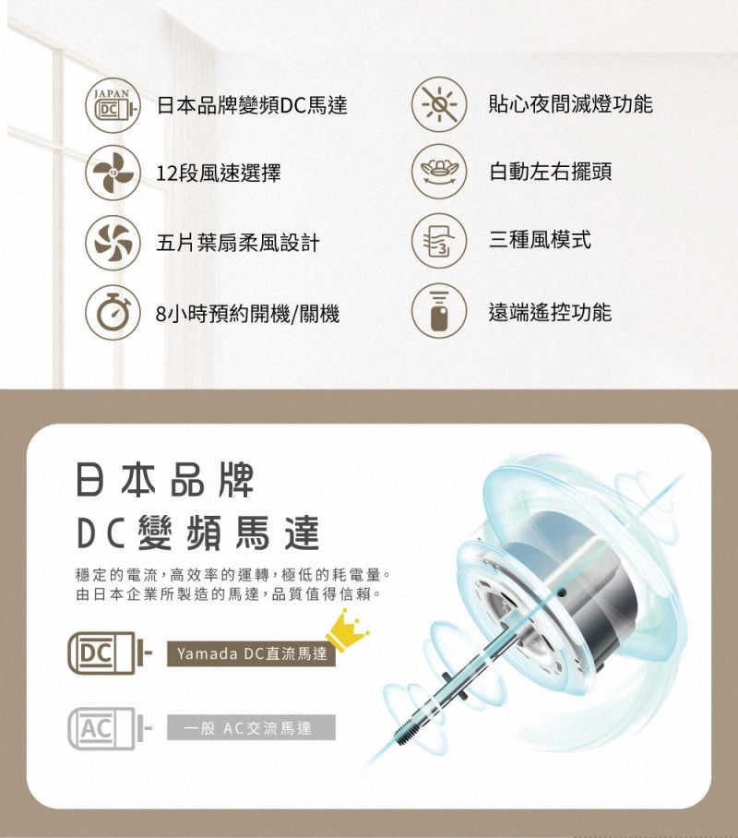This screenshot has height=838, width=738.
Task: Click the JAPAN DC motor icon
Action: (113, 103)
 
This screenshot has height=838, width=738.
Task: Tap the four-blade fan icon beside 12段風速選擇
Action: (113, 173)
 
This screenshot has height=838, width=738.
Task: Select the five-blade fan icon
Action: (113, 242)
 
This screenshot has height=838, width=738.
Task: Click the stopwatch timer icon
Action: (113, 313)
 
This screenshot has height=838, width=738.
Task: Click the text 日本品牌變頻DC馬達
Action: (252, 104)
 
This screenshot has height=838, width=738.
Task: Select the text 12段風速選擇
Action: (219, 174)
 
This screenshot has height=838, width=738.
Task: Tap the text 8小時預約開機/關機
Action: (248, 314)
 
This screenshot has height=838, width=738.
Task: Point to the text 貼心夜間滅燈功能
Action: (570, 103)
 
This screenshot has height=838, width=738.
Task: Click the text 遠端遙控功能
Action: (550, 312)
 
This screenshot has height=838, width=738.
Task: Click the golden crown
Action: (346, 630)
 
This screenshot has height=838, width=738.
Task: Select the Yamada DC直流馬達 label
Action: (252, 654)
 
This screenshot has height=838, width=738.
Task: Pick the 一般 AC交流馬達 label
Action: (252, 728)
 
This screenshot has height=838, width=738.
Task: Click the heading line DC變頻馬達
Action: (197, 533)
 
